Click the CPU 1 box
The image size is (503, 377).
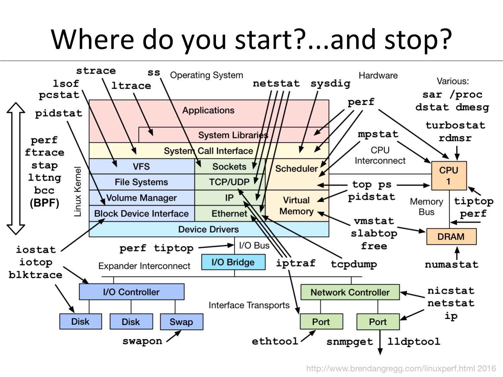click(449, 176)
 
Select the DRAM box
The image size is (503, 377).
click(451, 237)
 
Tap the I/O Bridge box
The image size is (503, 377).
click(233, 262)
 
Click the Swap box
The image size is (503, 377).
click(181, 322)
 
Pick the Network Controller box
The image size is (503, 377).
click(350, 292)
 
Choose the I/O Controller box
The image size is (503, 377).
click(131, 292)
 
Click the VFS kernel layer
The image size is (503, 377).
click(141, 167)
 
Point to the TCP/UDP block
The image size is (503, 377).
click(229, 182)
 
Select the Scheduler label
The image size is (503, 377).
click(296, 169)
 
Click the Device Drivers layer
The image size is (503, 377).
click(209, 229)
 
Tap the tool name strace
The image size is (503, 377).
click(96, 71)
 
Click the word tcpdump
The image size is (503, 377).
click(354, 264)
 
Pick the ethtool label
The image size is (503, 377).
click(275, 341)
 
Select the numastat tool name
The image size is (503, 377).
click(451, 264)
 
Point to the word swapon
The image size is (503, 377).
click(142, 341)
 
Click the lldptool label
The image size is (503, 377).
click(414, 341)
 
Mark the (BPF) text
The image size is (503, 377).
click(44, 203)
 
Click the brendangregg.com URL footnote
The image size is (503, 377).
click(401, 369)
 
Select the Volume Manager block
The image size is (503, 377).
click(141, 198)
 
